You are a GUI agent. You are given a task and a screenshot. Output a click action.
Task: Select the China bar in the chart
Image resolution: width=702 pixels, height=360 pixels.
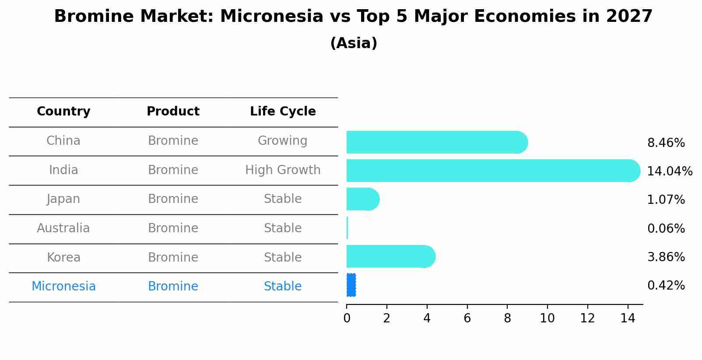pos(436,142)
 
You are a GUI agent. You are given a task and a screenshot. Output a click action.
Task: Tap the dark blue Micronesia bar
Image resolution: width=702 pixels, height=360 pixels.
pos(351,285)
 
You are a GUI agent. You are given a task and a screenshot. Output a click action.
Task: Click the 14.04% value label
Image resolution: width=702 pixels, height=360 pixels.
pos(669,171)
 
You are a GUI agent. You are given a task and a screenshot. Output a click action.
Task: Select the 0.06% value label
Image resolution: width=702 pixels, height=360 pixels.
pos(666,228)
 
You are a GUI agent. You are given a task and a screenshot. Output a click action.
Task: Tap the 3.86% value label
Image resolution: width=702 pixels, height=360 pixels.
pos(666,257)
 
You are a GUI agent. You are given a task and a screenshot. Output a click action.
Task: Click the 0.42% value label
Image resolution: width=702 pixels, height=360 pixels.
pos(666,285)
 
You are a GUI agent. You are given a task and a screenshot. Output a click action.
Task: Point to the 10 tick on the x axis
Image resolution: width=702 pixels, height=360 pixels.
pos(547,318)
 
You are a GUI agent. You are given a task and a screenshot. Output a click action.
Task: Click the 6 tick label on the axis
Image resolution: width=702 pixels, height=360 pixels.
pos(467,318)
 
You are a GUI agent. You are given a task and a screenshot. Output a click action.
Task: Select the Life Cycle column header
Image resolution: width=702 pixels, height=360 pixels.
pos(283,112)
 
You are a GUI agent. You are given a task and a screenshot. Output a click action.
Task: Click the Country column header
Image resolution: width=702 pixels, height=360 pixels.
pos(63,112)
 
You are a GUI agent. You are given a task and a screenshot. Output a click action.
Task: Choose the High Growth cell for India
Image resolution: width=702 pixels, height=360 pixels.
pos(283,170)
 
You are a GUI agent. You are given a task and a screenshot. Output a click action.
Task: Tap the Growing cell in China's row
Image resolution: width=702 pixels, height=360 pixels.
pos(283,141)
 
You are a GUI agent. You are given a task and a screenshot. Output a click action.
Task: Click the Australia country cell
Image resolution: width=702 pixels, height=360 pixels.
pos(63,228)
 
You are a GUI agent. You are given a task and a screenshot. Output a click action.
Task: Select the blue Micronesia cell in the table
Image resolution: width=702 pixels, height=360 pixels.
pos(63,287)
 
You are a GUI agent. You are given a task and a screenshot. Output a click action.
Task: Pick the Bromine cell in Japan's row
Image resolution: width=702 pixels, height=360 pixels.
pos(173,199)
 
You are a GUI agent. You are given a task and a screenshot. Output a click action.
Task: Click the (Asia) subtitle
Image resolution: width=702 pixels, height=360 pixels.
pos(354,43)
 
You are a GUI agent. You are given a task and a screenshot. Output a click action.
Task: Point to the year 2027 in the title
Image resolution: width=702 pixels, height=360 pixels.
pos(629,17)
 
